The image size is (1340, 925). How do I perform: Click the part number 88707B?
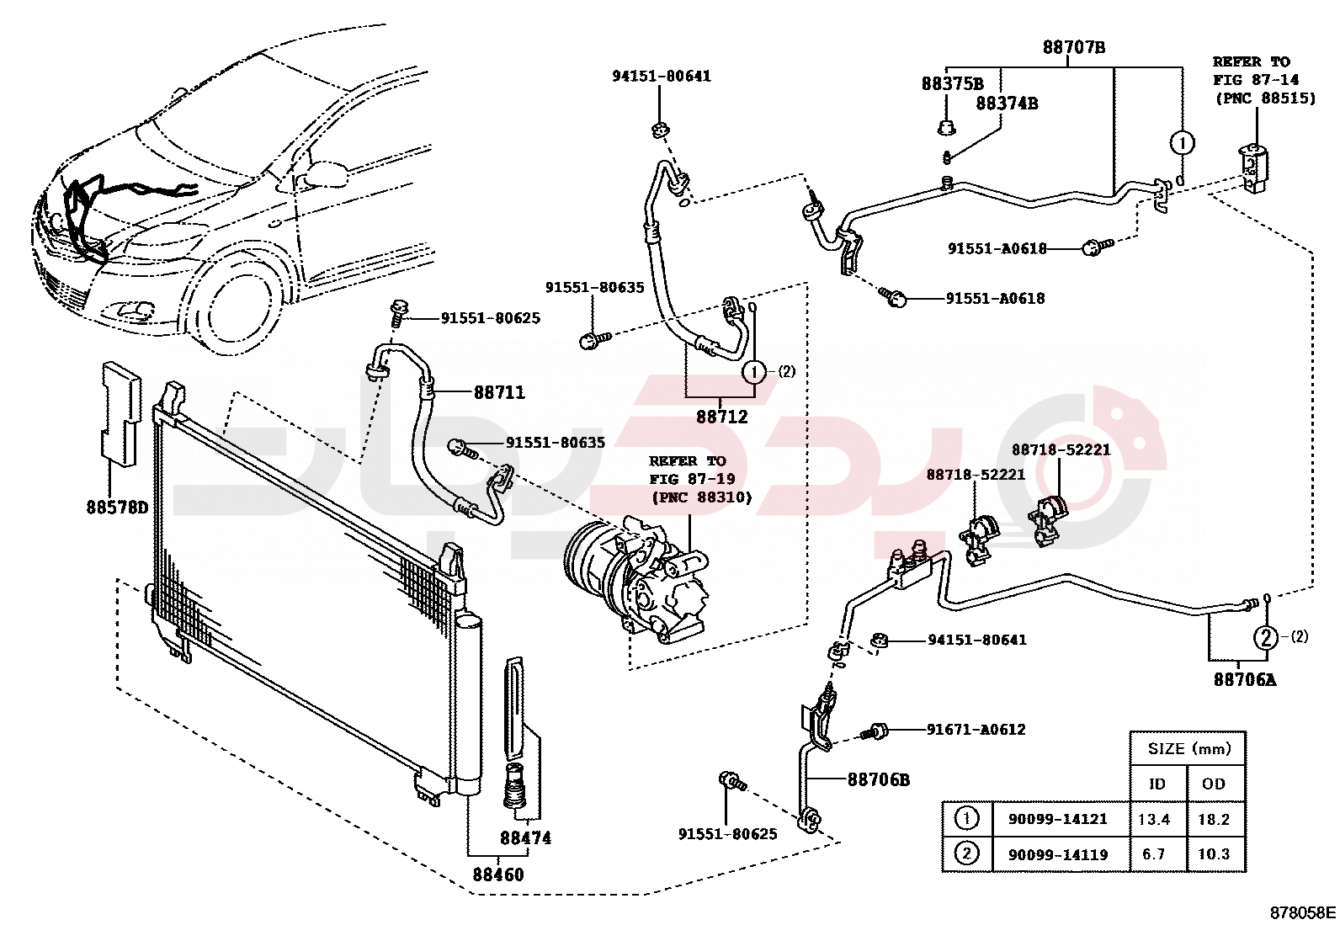pyautogui.click(x=1073, y=47)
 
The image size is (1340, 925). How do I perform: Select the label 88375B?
pyautogui.click(x=952, y=83)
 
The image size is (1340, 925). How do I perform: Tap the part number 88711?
pyautogui.click(x=499, y=392)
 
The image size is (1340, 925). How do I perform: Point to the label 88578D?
pyautogui.click(x=117, y=507)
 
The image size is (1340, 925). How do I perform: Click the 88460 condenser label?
pyautogui.click(x=498, y=874)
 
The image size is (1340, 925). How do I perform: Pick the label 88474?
pyautogui.click(x=525, y=837)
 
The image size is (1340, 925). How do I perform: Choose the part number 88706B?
pyautogui.click(x=878, y=779)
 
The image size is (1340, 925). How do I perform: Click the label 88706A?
pyautogui.click(x=1244, y=679)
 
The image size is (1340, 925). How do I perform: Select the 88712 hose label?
pyautogui.click(x=721, y=416)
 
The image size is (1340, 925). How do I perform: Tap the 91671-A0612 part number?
pyautogui.click(x=976, y=730)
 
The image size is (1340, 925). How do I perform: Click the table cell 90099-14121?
pyautogui.click(x=1057, y=819)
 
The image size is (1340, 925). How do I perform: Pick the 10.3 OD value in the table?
pyautogui.click(x=1214, y=853)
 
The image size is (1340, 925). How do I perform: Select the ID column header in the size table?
pyautogui.click(x=1157, y=784)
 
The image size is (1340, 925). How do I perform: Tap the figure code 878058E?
pyautogui.click(x=1302, y=912)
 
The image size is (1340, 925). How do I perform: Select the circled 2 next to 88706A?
pyautogui.click(x=1266, y=637)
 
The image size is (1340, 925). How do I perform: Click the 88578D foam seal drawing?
pyautogui.click(x=119, y=413)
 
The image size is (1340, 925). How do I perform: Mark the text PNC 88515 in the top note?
pyautogui.click(x=1265, y=98)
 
